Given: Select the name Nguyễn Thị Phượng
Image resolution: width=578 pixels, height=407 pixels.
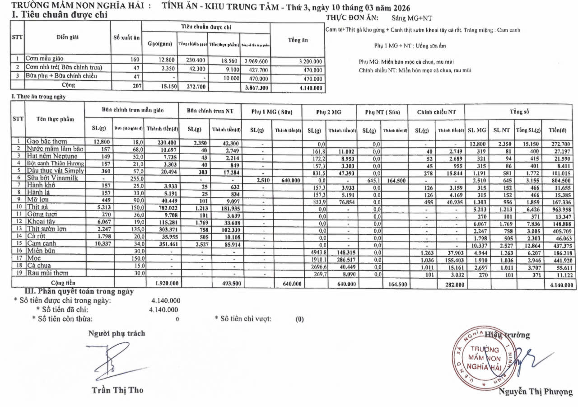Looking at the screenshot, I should [536, 392].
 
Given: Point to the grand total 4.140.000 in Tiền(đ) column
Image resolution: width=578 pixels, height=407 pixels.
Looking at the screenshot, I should [561, 285].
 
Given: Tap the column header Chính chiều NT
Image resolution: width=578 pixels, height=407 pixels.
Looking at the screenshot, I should [436, 112].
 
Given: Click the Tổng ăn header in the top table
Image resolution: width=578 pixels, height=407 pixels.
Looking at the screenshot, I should [298, 40].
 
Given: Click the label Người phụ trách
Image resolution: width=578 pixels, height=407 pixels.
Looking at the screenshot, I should [117, 333].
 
